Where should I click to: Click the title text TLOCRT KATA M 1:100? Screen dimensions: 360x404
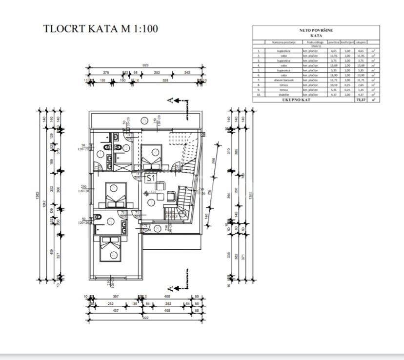101,28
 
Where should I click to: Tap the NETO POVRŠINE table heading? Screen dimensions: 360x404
317,30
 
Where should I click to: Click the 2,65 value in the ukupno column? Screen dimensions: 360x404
361,85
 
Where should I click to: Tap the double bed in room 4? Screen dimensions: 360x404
116,195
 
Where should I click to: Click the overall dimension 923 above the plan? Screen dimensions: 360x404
145,65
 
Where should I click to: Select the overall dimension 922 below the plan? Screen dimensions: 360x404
145,318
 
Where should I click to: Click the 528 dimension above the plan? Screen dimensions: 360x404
165,80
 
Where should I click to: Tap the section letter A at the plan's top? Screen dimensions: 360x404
170,100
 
